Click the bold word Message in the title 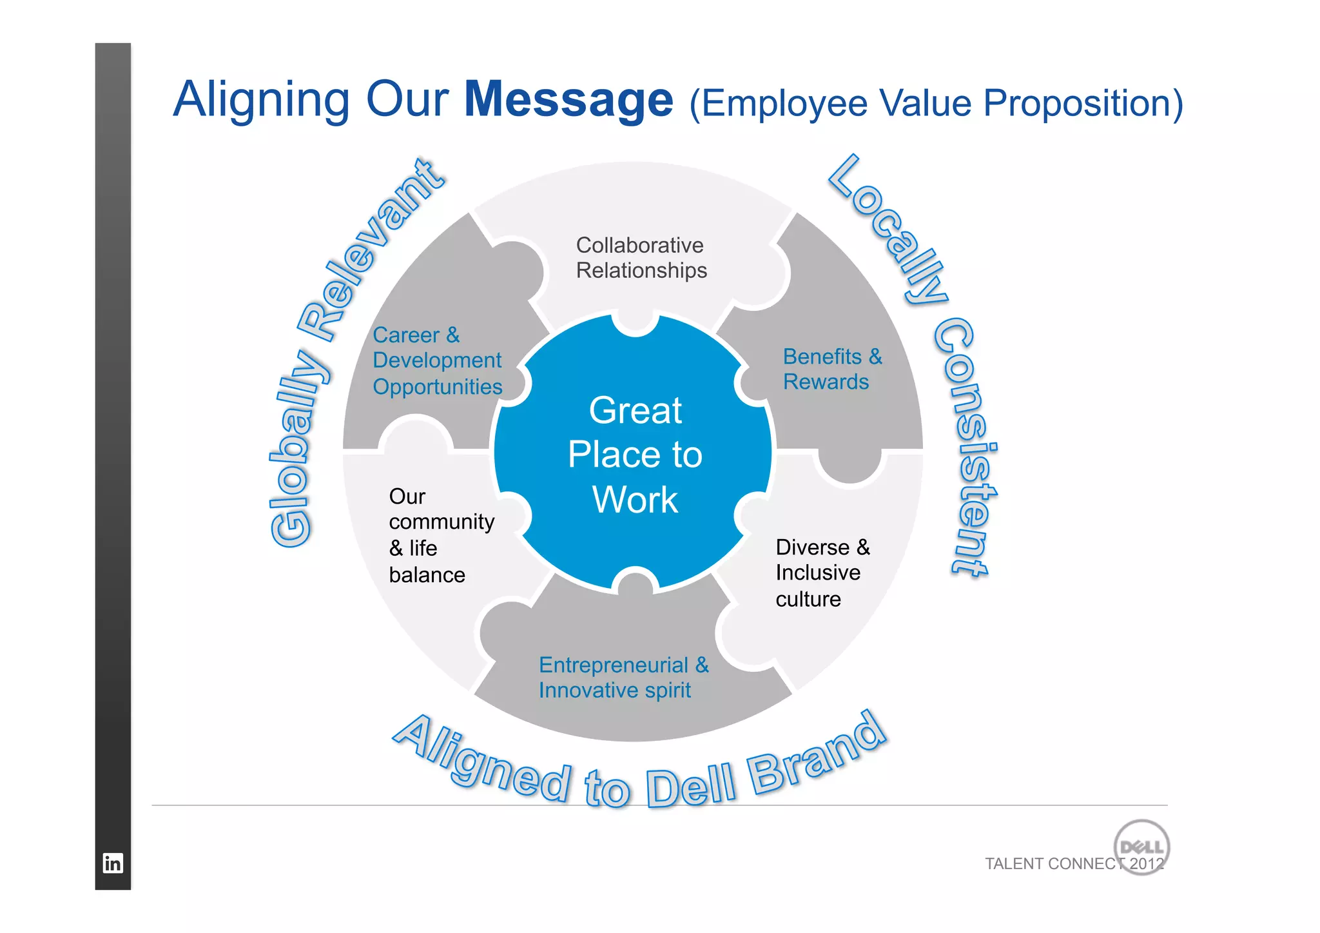[568, 100]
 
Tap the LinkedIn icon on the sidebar [113, 863]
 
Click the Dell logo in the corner [1141, 847]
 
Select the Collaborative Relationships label [641, 258]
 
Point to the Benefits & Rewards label [832, 369]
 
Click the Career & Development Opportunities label [437, 361]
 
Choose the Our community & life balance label [441, 535]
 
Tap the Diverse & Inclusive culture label [822, 573]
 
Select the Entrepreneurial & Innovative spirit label [623, 678]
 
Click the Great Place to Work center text [636, 455]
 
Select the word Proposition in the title [1083, 103]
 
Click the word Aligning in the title [261, 100]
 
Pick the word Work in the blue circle [636, 500]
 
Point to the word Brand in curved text [819, 754]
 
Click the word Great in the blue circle [636, 411]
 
